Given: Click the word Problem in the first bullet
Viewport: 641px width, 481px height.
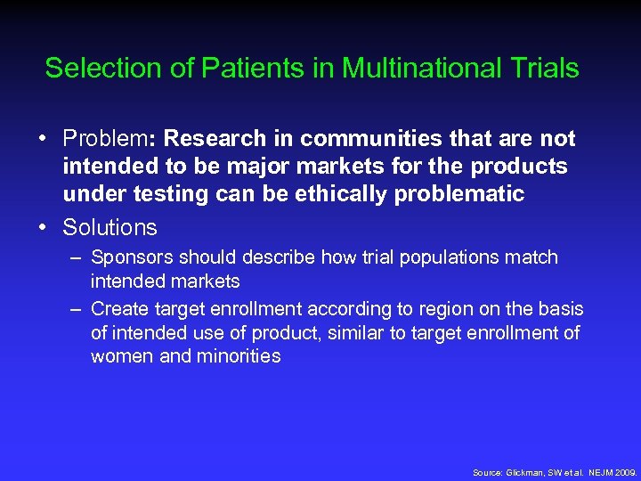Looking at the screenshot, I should coord(104,139).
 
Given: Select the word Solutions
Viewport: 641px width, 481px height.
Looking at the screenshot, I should coord(110,227).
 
